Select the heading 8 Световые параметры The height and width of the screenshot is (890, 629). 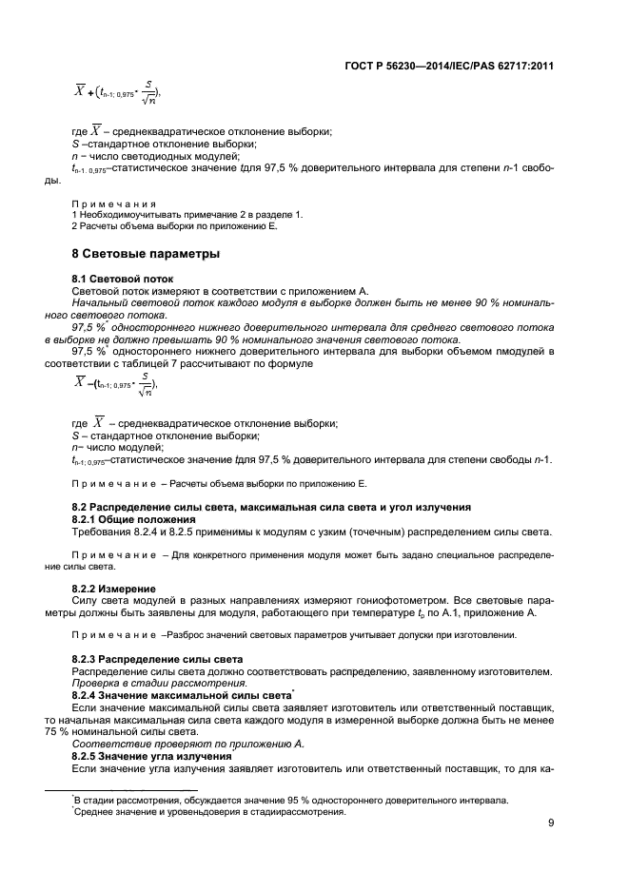click(146, 255)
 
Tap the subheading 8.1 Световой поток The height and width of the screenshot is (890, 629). click(117, 279)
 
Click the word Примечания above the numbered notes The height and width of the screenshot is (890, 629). click(112, 203)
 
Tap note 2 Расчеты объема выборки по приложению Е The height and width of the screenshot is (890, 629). click(174, 225)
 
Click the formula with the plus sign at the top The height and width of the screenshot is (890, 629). click(116, 92)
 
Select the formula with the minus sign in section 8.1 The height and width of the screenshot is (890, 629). click(116, 384)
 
